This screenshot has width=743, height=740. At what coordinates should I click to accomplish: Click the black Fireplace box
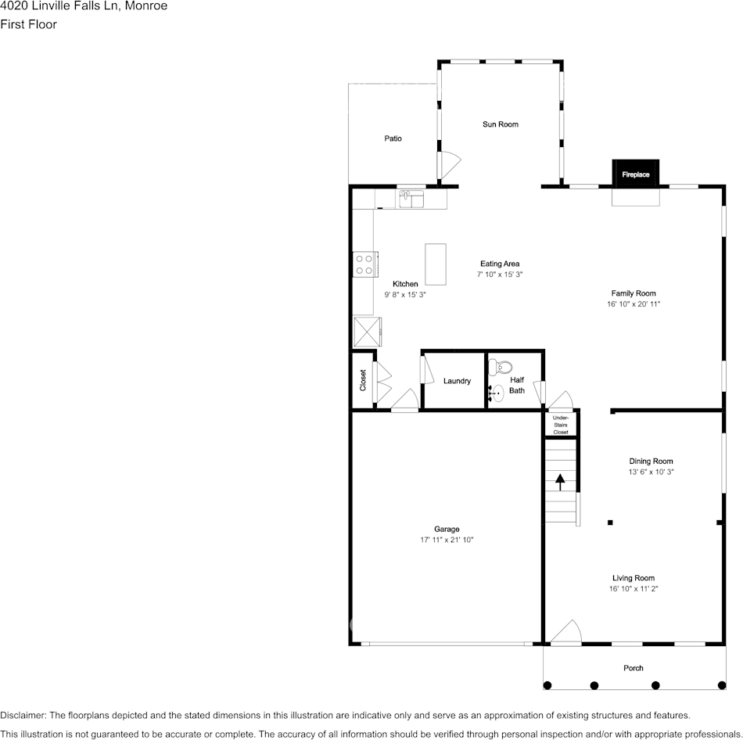tap(635, 174)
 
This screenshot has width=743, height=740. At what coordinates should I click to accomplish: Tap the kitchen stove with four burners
tap(365, 264)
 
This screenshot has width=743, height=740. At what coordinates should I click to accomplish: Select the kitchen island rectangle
tap(436, 264)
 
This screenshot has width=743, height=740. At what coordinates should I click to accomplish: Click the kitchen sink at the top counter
tap(411, 199)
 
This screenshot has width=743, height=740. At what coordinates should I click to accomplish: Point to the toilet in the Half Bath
tap(501, 367)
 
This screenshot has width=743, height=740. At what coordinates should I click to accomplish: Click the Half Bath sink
tap(496, 393)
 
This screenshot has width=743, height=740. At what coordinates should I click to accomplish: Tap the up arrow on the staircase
tap(560, 482)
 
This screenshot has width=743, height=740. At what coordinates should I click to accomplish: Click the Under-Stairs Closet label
tap(561, 425)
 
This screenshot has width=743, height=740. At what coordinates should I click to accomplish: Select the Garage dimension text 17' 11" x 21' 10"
tap(447, 540)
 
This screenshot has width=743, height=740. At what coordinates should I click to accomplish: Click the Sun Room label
tap(501, 124)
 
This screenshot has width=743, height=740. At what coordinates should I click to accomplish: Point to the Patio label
tap(393, 138)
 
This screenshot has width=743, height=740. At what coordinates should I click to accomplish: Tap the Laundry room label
tap(458, 381)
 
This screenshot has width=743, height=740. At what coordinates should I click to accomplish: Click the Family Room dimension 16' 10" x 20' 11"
tap(634, 304)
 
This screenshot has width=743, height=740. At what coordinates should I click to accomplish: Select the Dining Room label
tap(651, 462)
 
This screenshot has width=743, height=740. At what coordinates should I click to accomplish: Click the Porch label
tap(634, 668)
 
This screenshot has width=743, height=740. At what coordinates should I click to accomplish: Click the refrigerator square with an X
tap(368, 332)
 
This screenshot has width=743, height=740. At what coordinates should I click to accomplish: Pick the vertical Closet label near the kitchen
tap(363, 380)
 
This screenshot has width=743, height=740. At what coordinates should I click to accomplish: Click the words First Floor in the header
tap(28, 24)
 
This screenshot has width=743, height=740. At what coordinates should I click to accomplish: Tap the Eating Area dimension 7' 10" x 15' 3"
tap(500, 275)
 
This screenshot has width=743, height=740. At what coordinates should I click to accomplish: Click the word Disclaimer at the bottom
tap(23, 715)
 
